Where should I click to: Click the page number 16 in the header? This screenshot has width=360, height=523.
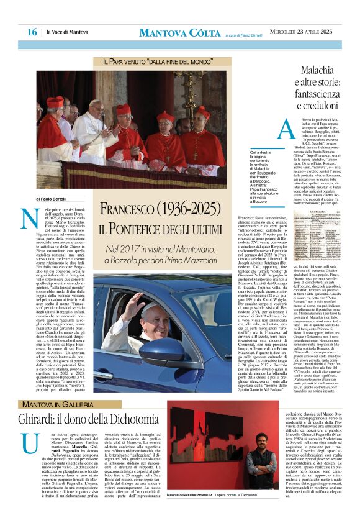click(32, 32)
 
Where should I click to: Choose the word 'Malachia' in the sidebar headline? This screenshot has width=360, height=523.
click(305, 70)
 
